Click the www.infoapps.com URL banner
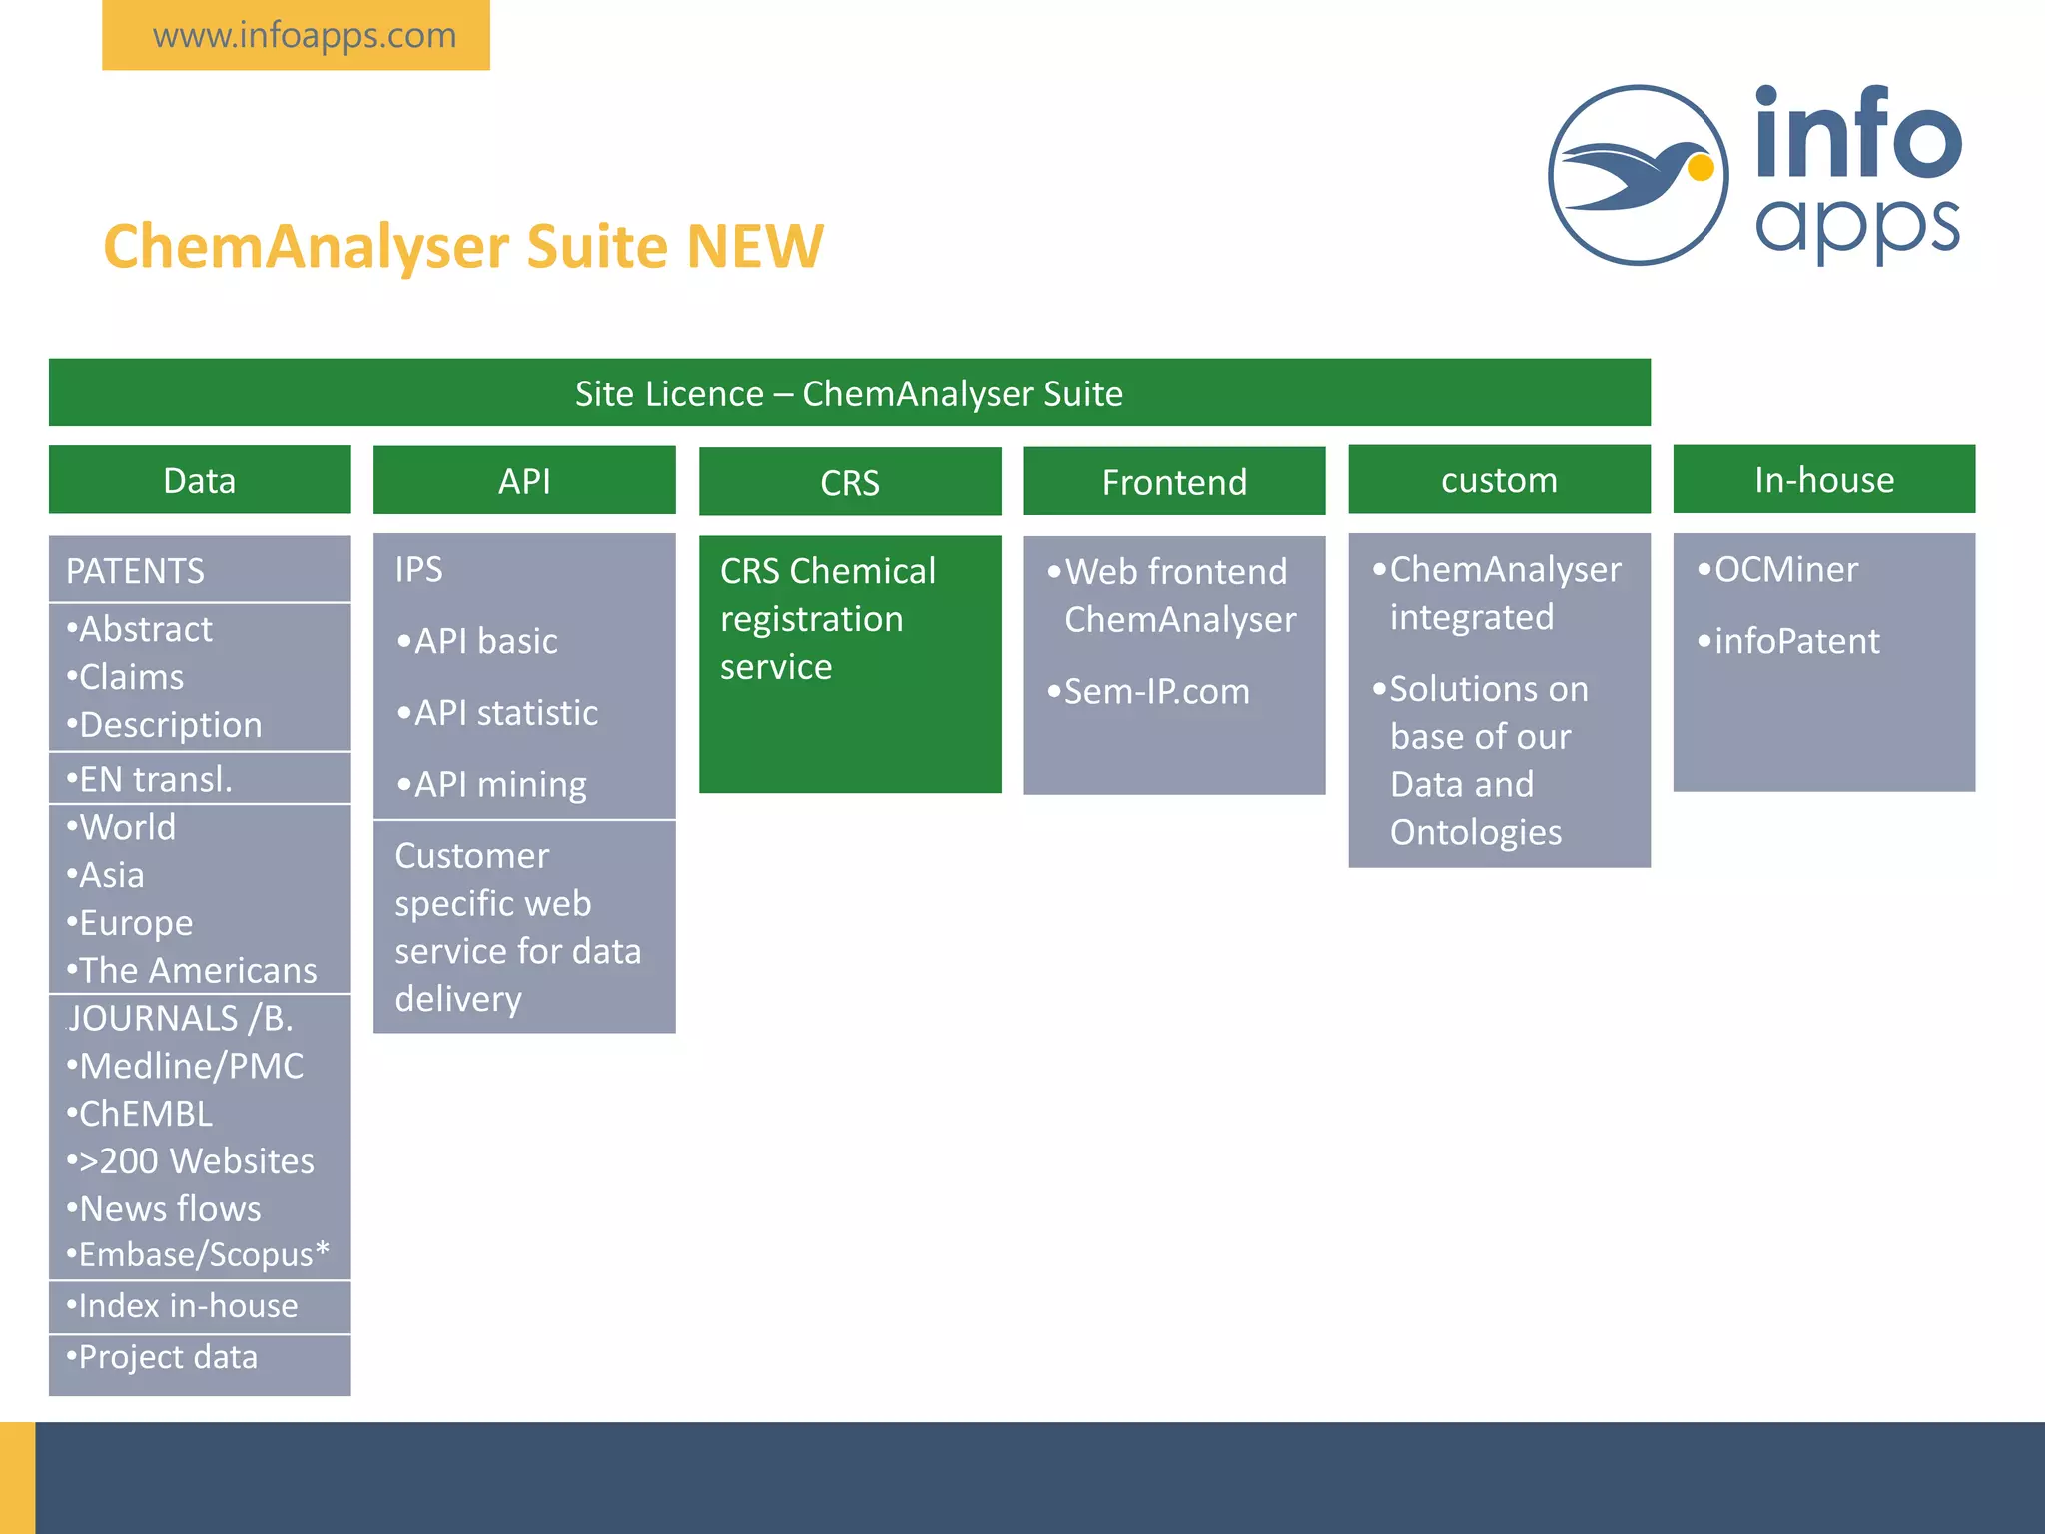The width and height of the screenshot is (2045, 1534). (x=296, y=36)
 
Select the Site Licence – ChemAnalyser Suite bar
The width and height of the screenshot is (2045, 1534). (x=849, y=393)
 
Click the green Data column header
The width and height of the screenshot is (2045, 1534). (x=200, y=480)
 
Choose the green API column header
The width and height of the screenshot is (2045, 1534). (x=524, y=481)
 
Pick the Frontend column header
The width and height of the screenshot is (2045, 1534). (x=1174, y=482)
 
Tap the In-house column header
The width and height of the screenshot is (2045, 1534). (x=1823, y=480)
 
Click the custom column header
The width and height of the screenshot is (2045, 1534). (x=1499, y=480)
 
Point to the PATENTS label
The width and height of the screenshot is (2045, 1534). (x=136, y=571)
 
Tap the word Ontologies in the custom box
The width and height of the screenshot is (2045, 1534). (x=1475, y=832)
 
